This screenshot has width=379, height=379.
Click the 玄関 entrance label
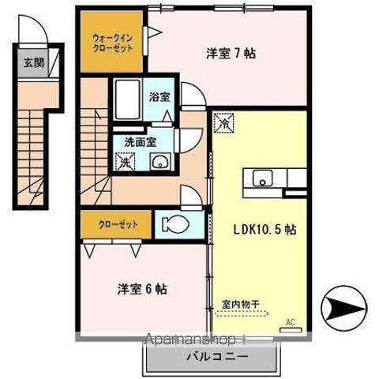click(x=32, y=63)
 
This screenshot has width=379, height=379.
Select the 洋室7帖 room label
click(x=231, y=54)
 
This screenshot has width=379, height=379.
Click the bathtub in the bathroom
click(x=126, y=99)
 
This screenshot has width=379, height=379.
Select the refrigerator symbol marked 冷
click(x=223, y=123)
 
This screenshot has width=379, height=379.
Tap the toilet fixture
click(x=175, y=223)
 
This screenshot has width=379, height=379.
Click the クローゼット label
click(x=118, y=224)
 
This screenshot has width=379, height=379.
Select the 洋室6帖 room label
click(x=138, y=288)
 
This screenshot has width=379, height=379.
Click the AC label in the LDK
click(x=289, y=321)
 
